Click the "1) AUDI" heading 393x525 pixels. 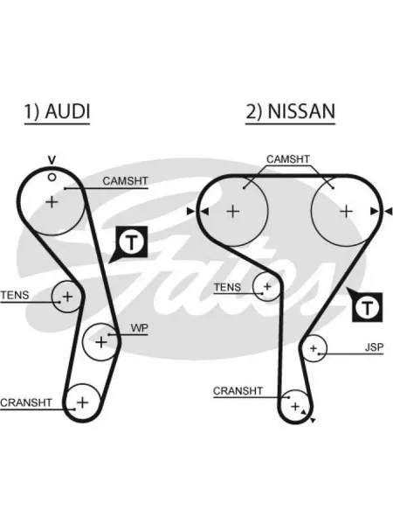[57, 111]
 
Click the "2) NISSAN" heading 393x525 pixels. [291, 111]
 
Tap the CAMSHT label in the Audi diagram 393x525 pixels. [125, 181]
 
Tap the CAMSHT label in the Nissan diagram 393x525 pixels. [288, 159]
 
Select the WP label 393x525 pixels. [139, 328]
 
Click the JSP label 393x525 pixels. [374, 347]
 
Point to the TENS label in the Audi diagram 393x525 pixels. [15, 296]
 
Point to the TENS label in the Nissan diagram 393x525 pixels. [227, 287]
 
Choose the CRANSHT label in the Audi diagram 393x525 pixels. [26, 402]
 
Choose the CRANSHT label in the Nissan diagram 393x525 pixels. [238, 391]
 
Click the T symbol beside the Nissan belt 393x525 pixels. [368, 307]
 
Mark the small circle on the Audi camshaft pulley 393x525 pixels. [52, 177]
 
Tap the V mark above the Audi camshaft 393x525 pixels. [52, 160]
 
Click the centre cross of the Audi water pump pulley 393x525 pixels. [101, 342]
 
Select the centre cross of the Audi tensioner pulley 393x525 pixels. [67, 297]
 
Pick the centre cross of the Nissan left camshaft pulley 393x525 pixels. [233, 212]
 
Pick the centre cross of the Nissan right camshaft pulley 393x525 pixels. [346, 212]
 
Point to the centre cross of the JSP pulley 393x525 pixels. [314, 348]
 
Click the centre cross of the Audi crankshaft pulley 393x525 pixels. [82, 402]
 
